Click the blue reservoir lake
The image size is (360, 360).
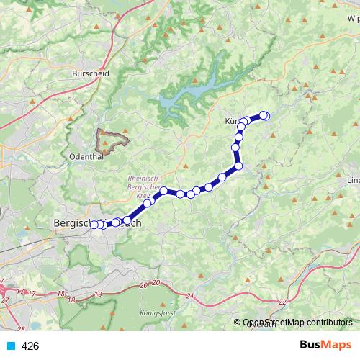[x=194, y=90]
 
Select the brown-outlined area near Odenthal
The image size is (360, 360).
[x=112, y=138]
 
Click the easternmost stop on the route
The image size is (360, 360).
[x=265, y=115]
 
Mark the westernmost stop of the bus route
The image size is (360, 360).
[x=94, y=225]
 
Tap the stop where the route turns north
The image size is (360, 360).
[x=238, y=167]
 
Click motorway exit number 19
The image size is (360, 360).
[x=98, y=294]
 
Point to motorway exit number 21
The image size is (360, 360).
[x=190, y=296]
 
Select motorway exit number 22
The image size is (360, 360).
[x=282, y=302]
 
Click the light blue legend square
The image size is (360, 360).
[x=11, y=346]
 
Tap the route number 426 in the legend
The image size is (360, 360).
[x=30, y=346]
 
